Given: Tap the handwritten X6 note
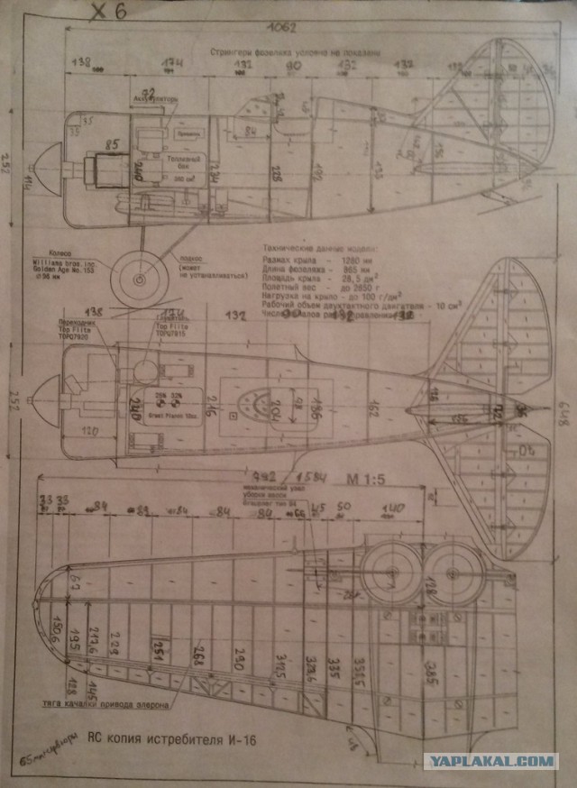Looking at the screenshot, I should coord(109,11).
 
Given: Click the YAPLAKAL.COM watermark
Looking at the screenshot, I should coord(490,762).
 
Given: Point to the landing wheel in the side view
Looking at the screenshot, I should coord(139,279).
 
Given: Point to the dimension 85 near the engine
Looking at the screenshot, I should coord(113,144).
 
